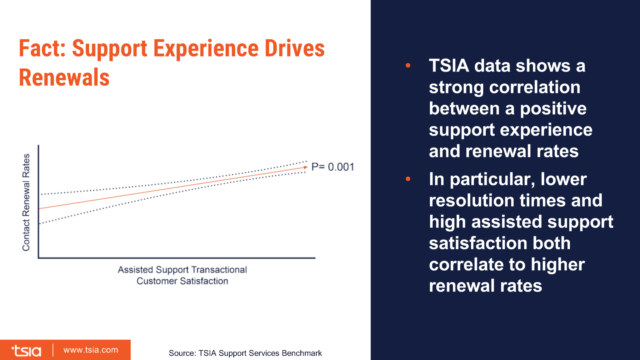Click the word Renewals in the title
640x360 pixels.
[x=64, y=77]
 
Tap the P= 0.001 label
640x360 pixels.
[x=332, y=167]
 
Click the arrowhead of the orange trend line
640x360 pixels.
[x=305, y=167]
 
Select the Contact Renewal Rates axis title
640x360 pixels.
[x=26, y=202]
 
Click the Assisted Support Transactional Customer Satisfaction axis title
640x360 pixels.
[x=182, y=275]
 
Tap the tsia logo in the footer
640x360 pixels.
[x=26, y=351]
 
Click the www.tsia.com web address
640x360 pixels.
[x=91, y=350]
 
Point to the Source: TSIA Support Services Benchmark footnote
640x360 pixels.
[x=245, y=353]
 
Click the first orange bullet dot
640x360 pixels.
[x=408, y=65]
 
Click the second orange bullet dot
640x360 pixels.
[x=408, y=179]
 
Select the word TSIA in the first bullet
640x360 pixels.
[x=449, y=66]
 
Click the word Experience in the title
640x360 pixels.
[x=206, y=49]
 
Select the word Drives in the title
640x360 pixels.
[x=294, y=49]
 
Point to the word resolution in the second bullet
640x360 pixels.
[x=471, y=201]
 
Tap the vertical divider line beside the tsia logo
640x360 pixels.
[x=53, y=350]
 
